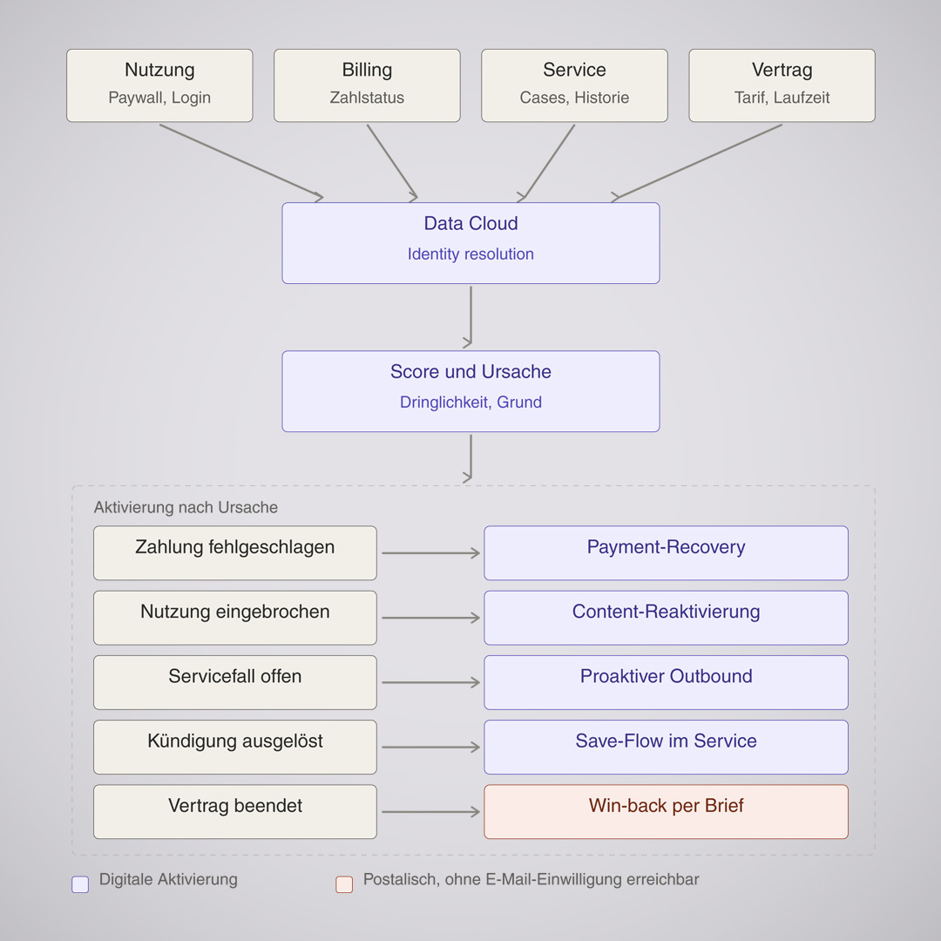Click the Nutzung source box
pos(159,85)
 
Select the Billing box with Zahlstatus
pos(368,85)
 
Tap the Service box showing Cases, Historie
pos(574,85)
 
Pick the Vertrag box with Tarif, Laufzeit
pos(782,85)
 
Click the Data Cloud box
pos(470,243)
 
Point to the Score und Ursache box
pos(470,391)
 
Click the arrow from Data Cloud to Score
pos(470,317)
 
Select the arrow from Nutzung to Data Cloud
pos(241,161)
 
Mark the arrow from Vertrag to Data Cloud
pos(696,162)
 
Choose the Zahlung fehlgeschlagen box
pos(235,552)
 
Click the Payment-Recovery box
pos(667,552)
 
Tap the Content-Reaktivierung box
pos(667,618)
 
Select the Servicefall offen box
pos(235,682)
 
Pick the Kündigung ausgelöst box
pos(235,748)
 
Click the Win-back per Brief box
pos(667,811)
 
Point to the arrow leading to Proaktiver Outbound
pos(431,682)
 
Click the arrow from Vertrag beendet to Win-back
pos(431,812)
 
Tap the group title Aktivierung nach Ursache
pos(186,508)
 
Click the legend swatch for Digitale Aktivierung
pos(80,884)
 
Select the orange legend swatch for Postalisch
pos(344,884)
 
